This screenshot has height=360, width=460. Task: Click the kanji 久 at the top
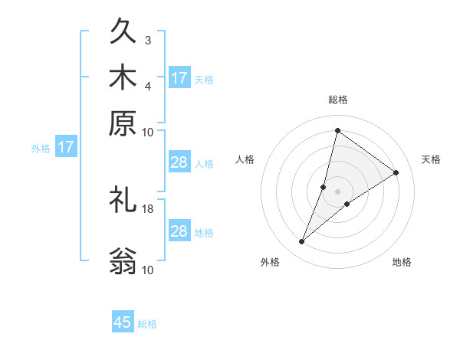(x=123, y=34)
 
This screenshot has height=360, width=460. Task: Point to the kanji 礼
(x=123, y=201)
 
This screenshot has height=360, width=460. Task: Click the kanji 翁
(x=123, y=260)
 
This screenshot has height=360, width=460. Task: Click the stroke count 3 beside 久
(x=148, y=40)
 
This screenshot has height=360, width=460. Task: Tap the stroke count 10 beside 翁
(x=148, y=269)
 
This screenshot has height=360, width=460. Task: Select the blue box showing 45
(x=123, y=322)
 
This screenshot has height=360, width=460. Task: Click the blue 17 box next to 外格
(x=65, y=147)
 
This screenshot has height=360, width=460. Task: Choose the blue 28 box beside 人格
(x=179, y=162)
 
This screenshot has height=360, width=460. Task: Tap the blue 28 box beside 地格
(x=179, y=231)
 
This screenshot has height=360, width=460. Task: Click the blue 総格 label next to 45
(x=147, y=324)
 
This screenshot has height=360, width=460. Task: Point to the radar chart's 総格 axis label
(x=337, y=100)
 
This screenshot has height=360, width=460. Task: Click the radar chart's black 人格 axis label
(x=245, y=159)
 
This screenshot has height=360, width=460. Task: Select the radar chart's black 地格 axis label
(x=402, y=263)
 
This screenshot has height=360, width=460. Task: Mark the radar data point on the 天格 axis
(x=396, y=172)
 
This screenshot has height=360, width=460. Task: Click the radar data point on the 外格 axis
(x=302, y=242)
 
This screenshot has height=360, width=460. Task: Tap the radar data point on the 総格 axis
(x=337, y=130)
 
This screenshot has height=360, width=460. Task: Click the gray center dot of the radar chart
(x=337, y=191)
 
